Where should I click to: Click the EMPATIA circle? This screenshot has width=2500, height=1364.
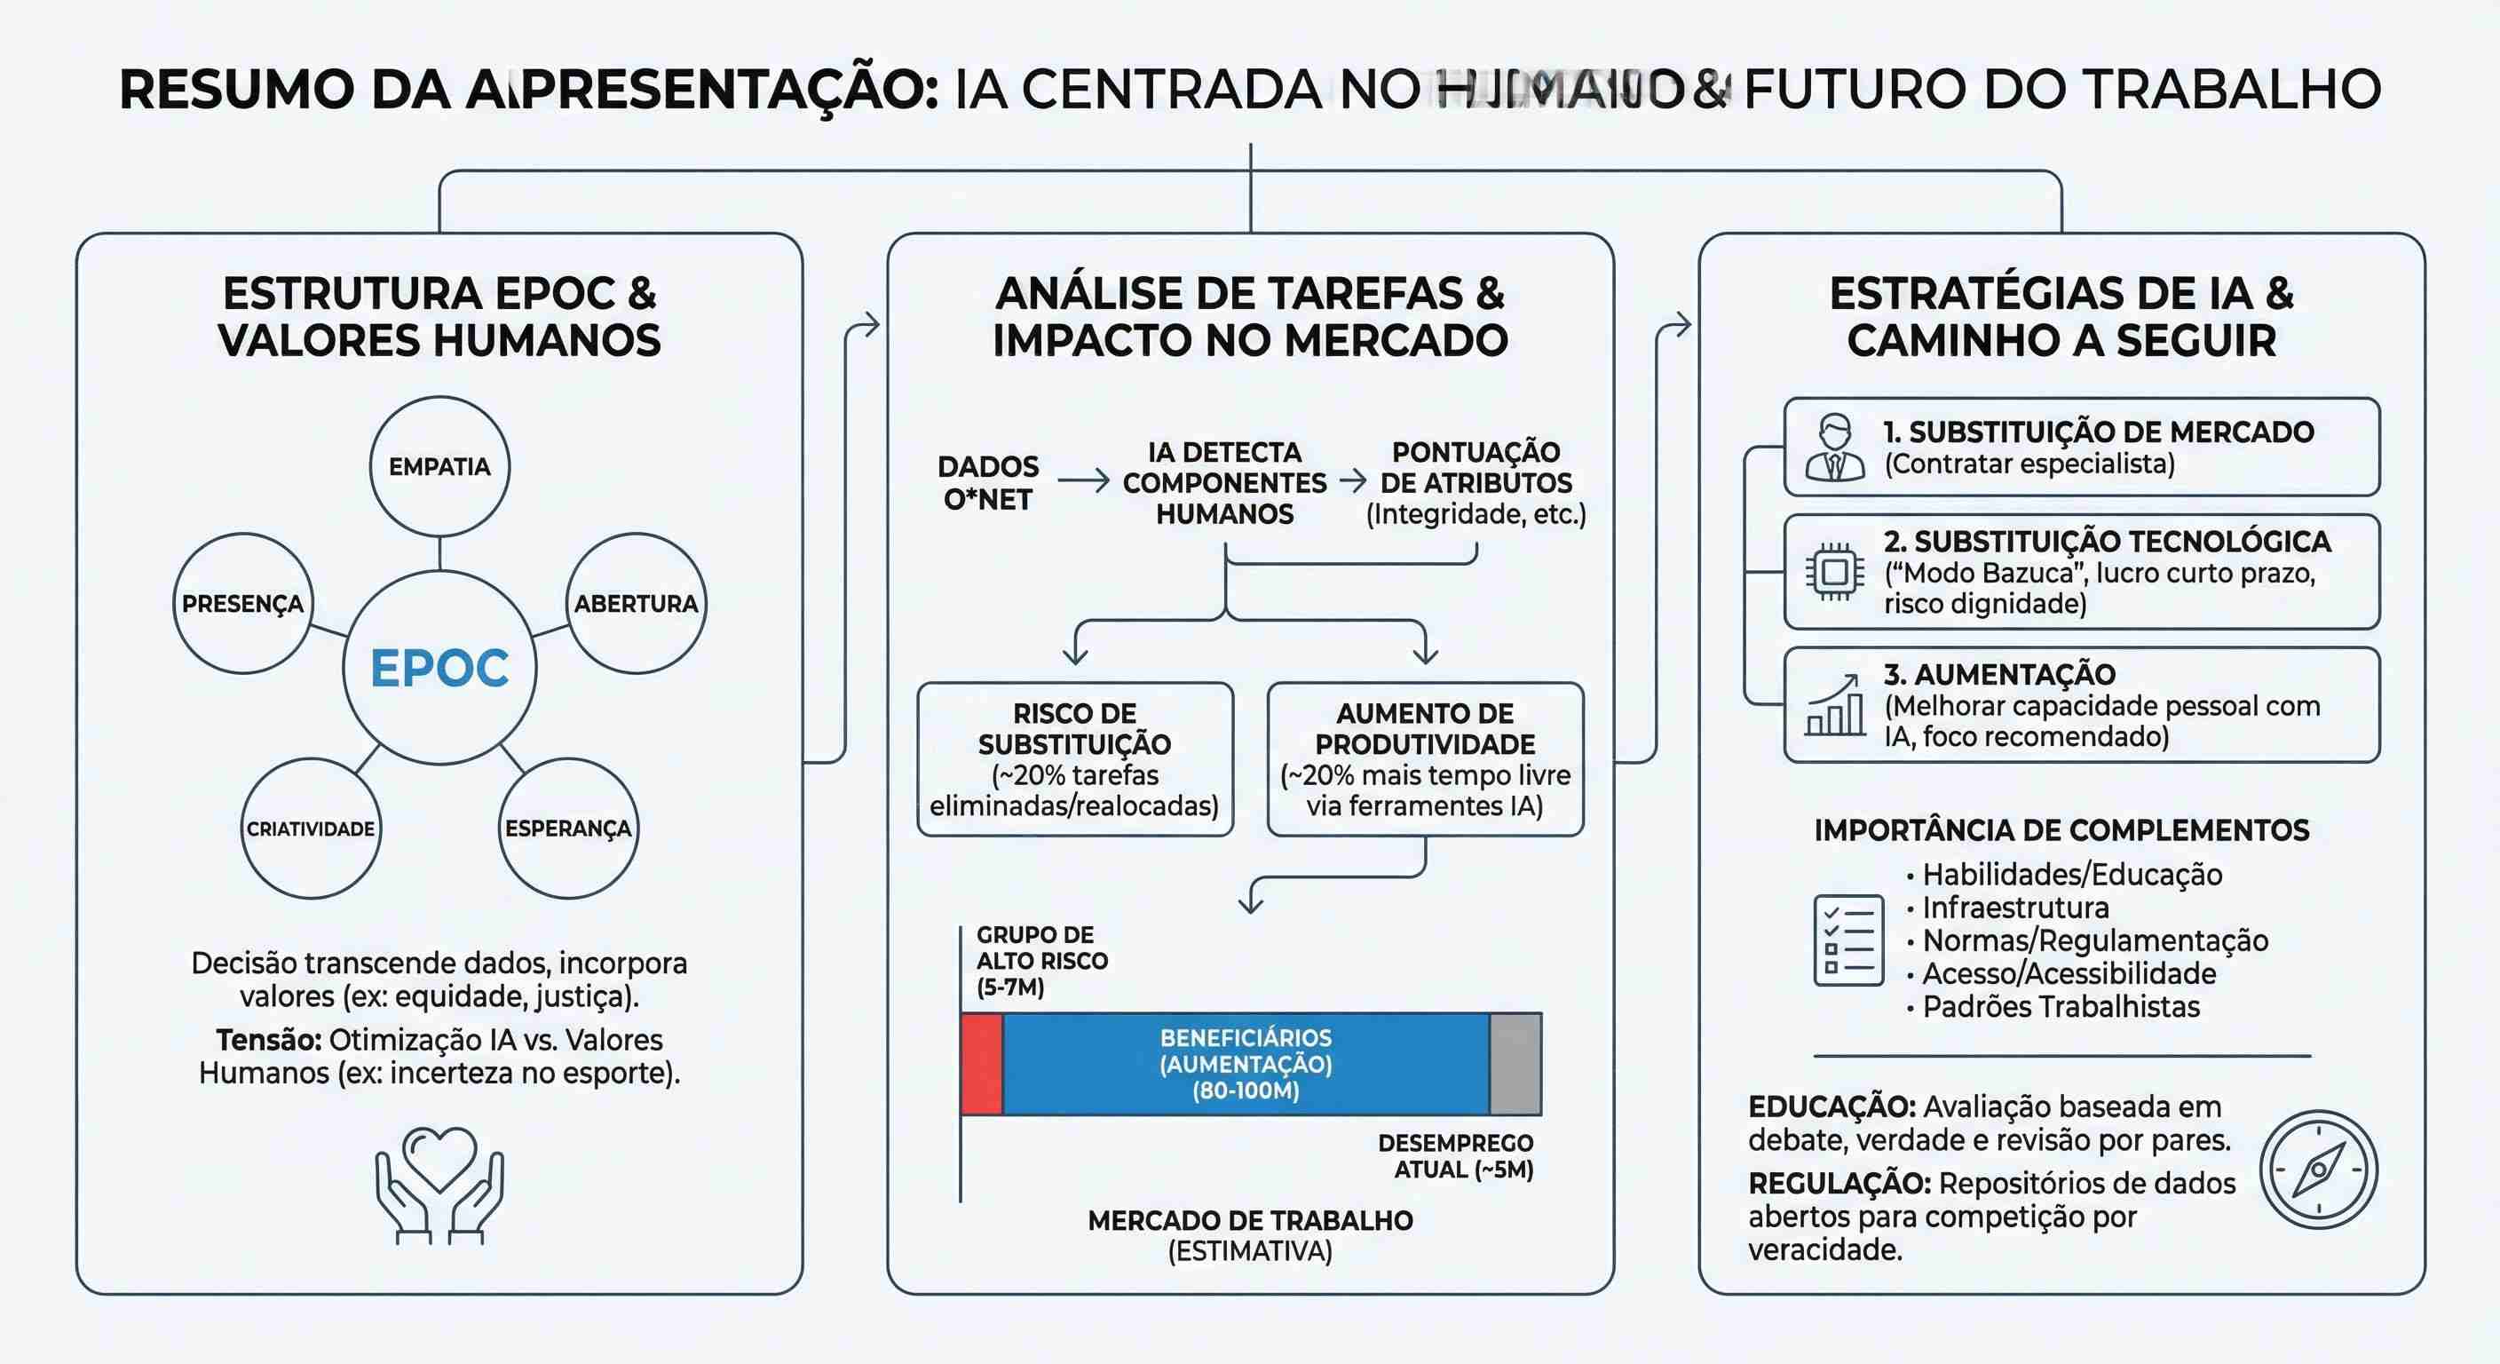coord(439,466)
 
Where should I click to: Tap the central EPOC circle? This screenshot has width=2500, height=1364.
coord(439,668)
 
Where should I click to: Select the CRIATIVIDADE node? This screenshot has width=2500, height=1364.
coord(311,829)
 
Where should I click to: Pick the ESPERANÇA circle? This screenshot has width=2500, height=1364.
coord(568,829)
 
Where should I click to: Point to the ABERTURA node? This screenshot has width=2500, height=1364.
coord(636,603)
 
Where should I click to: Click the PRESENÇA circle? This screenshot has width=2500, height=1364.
coord(242,603)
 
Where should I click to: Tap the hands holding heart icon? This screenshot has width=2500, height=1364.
coord(439,1185)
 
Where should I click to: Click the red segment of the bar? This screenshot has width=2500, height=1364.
coord(981,1064)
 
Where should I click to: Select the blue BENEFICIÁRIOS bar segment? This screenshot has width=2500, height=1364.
coord(1246,1064)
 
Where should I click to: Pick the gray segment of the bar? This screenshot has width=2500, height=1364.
coord(1515,1064)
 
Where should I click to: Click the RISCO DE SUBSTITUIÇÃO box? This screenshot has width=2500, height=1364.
coord(1074,759)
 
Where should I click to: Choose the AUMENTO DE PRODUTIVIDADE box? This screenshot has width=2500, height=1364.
coord(1425,759)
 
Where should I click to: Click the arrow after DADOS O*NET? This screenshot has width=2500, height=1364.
coord(1082,480)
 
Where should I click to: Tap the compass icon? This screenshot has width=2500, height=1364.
coord(2319,1169)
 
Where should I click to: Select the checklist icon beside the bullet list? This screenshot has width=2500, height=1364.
coord(1847,940)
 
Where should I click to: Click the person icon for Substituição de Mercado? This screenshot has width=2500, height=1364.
coord(1834,448)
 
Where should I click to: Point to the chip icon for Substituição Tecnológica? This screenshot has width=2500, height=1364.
coord(1834,572)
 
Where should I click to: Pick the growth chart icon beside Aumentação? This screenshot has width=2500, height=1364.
coord(1834,706)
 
